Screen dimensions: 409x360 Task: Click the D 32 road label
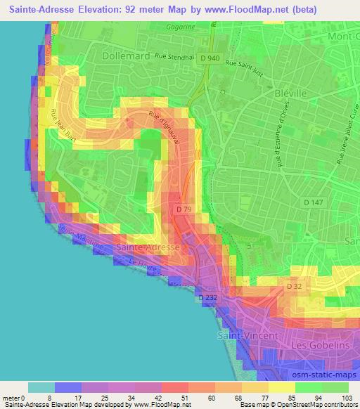click(x=295, y=287)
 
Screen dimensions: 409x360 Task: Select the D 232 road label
click(x=208, y=297)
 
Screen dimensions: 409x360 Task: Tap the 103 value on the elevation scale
click(x=347, y=397)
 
